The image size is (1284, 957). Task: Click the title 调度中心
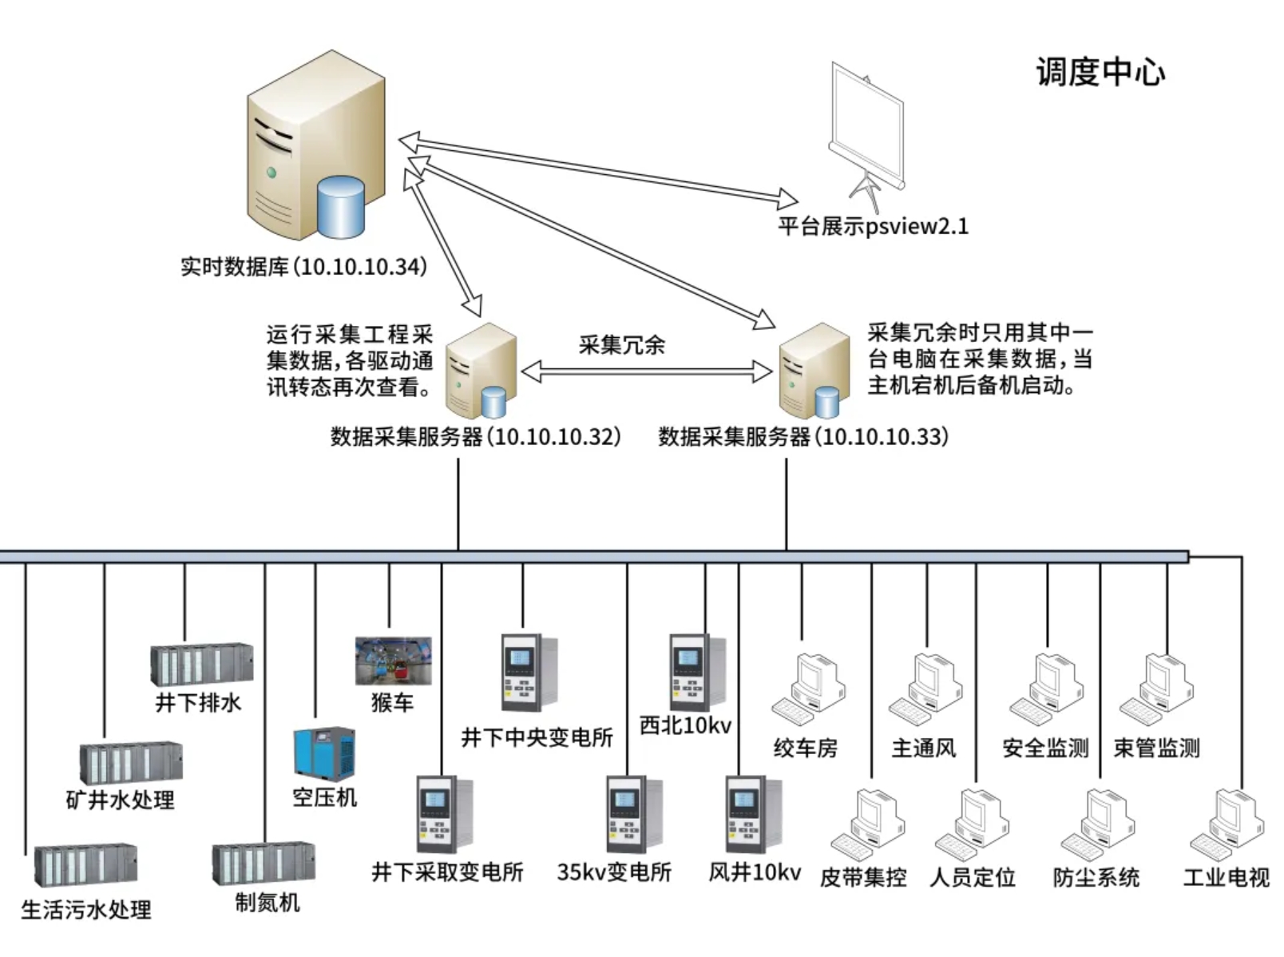(1100, 73)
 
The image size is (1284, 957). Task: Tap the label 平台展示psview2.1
(873, 227)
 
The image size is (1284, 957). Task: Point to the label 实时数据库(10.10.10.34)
(303, 267)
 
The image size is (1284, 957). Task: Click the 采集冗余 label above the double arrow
(621, 345)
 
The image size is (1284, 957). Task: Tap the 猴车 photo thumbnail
(393, 661)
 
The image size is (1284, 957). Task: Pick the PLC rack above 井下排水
(202, 664)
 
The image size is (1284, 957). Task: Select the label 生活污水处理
(86, 910)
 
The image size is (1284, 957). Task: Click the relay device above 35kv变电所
(633, 814)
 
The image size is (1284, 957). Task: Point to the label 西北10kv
(685, 725)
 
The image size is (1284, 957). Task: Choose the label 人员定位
(973, 878)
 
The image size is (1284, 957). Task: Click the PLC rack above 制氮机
(264, 864)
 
